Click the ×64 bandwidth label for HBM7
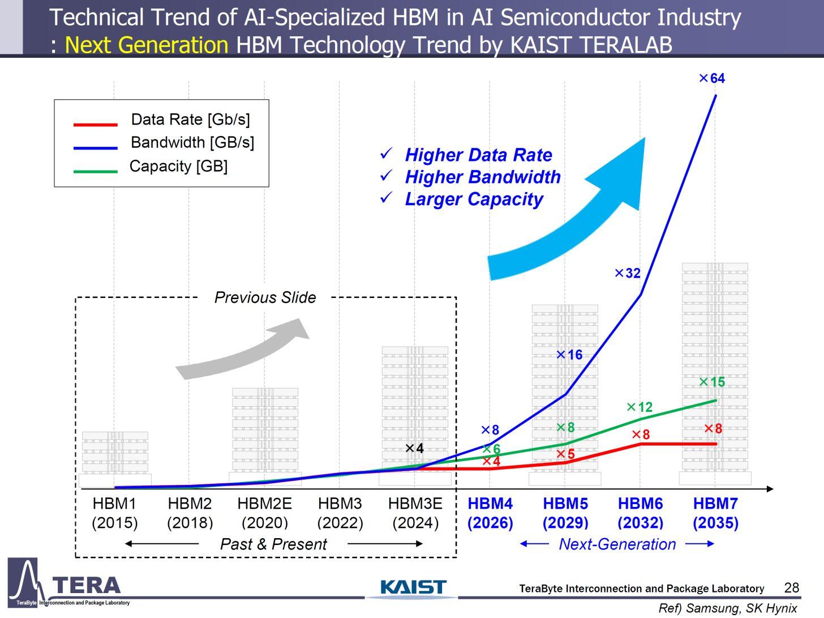[x=712, y=79]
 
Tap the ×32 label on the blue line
[x=628, y=274]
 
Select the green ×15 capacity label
[x=712, y=382]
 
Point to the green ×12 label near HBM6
[x=640, y=407]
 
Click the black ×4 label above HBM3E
[x=414, y=449]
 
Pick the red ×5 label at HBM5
[x=565, y=454]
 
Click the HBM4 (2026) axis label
[x=490, y=513]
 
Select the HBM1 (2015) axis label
[x=114, y=513]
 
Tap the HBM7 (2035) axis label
[x=715, y=513]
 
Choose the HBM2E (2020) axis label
[x=264, y=513]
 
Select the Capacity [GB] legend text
[x=178, y=167]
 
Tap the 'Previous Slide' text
[x=265, y=297]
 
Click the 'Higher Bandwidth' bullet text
[x=482, y=177]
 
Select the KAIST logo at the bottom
[x=413, y=587]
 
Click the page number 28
[x=791, y=587]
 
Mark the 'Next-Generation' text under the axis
[x=617, y=544]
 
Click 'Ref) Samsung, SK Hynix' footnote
[x=727, y=608]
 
